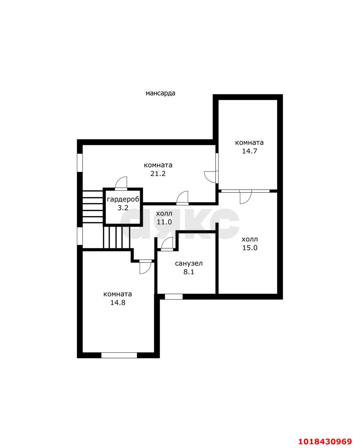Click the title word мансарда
pyautogui.click(x=160, y=93)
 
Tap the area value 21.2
pyautogui.click(x=158, y=173)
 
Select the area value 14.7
pyautogui.click(x=249, y=151)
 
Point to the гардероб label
pyautogui.click(x=123, y=199)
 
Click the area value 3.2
pyautogui.click(x=123, y=208)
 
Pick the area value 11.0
pyautogui.click(x=164, y=222)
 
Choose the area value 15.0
pyautogui.click(x=250, y=248)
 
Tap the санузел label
pyautogui.click(x=189, y=264)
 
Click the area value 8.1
pyautogui.click(x=189, y=272)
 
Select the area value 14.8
pyautogui.click(x=118, y=302)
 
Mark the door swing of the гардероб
pyautogui.click(x=121, y=183)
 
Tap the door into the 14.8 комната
pyautogui.click(x=145, y=267)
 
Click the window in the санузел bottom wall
pyautogui.click(x=174, y=296)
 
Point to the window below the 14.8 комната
pyautogui.click(x=119, y=355)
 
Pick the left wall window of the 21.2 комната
pyautogui.click(x=80, y=163)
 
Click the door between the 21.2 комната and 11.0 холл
pyautogui.click(x=182, y=197)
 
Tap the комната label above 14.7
pyautogui.click(x=249, y=142)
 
